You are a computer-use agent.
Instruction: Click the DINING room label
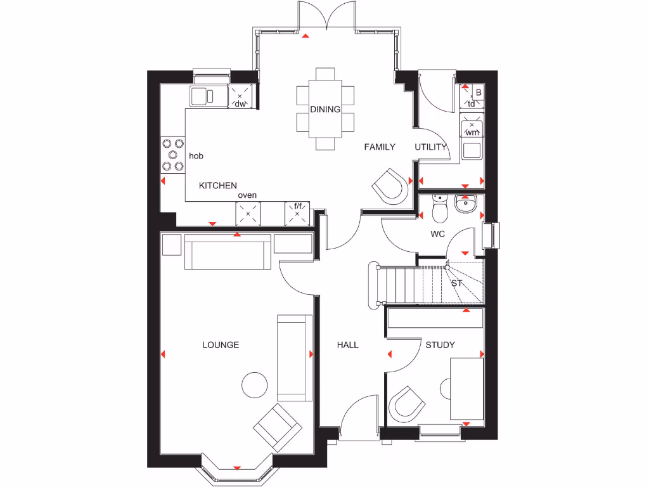[x=325, y=109]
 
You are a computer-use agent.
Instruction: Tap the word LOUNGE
[x=221, y=345]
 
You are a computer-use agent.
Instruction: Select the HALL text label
[x=347, y=345]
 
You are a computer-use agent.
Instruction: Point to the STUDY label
[x=440, y=345]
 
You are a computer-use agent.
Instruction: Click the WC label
[x=437, y=234]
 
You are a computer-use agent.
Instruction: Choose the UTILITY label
[x=431, y=147]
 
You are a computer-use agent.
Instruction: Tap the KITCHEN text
[x=218, y=186]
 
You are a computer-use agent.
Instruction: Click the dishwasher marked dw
[x=240, y=96]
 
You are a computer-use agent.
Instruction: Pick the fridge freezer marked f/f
[x=297, y=213]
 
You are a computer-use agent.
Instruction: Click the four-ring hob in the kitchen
[x=172, y=155]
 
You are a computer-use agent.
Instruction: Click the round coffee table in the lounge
[x=255, y=384]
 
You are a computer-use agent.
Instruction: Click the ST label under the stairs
[x=457, y=283]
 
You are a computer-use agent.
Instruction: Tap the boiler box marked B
[x=479, y=93]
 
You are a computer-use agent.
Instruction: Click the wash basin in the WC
[x=466, y=205]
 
